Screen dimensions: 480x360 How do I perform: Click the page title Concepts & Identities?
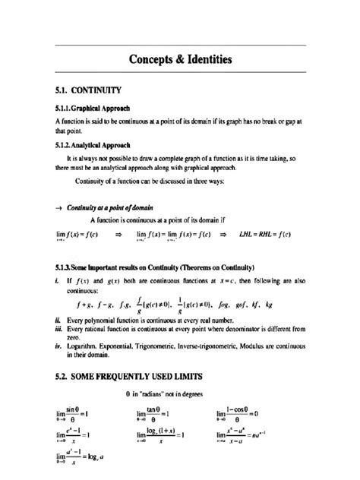[x=180, y=58]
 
